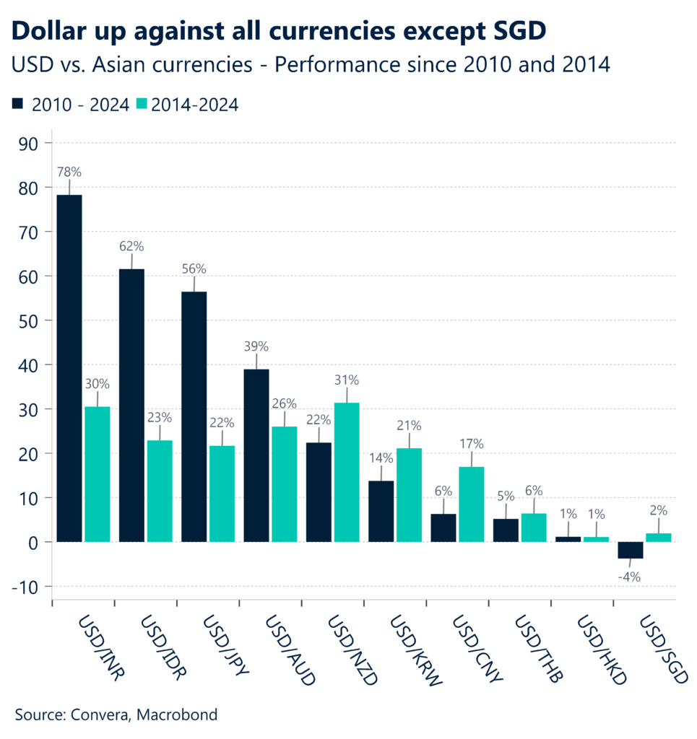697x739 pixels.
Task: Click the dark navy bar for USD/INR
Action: pos(69,368)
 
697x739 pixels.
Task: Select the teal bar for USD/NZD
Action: pos(346,472)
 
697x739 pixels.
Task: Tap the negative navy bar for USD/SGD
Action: pos(630,550)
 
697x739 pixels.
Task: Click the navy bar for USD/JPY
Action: pos(194,416)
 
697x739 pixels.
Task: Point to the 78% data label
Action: pos(69,172)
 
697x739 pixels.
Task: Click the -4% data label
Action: pos(630,577)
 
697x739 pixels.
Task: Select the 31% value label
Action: pos(346,380)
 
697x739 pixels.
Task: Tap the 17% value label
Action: pos(471,444)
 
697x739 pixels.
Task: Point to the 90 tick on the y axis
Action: pos(30,143)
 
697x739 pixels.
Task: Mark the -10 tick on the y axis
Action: pos(26,587)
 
